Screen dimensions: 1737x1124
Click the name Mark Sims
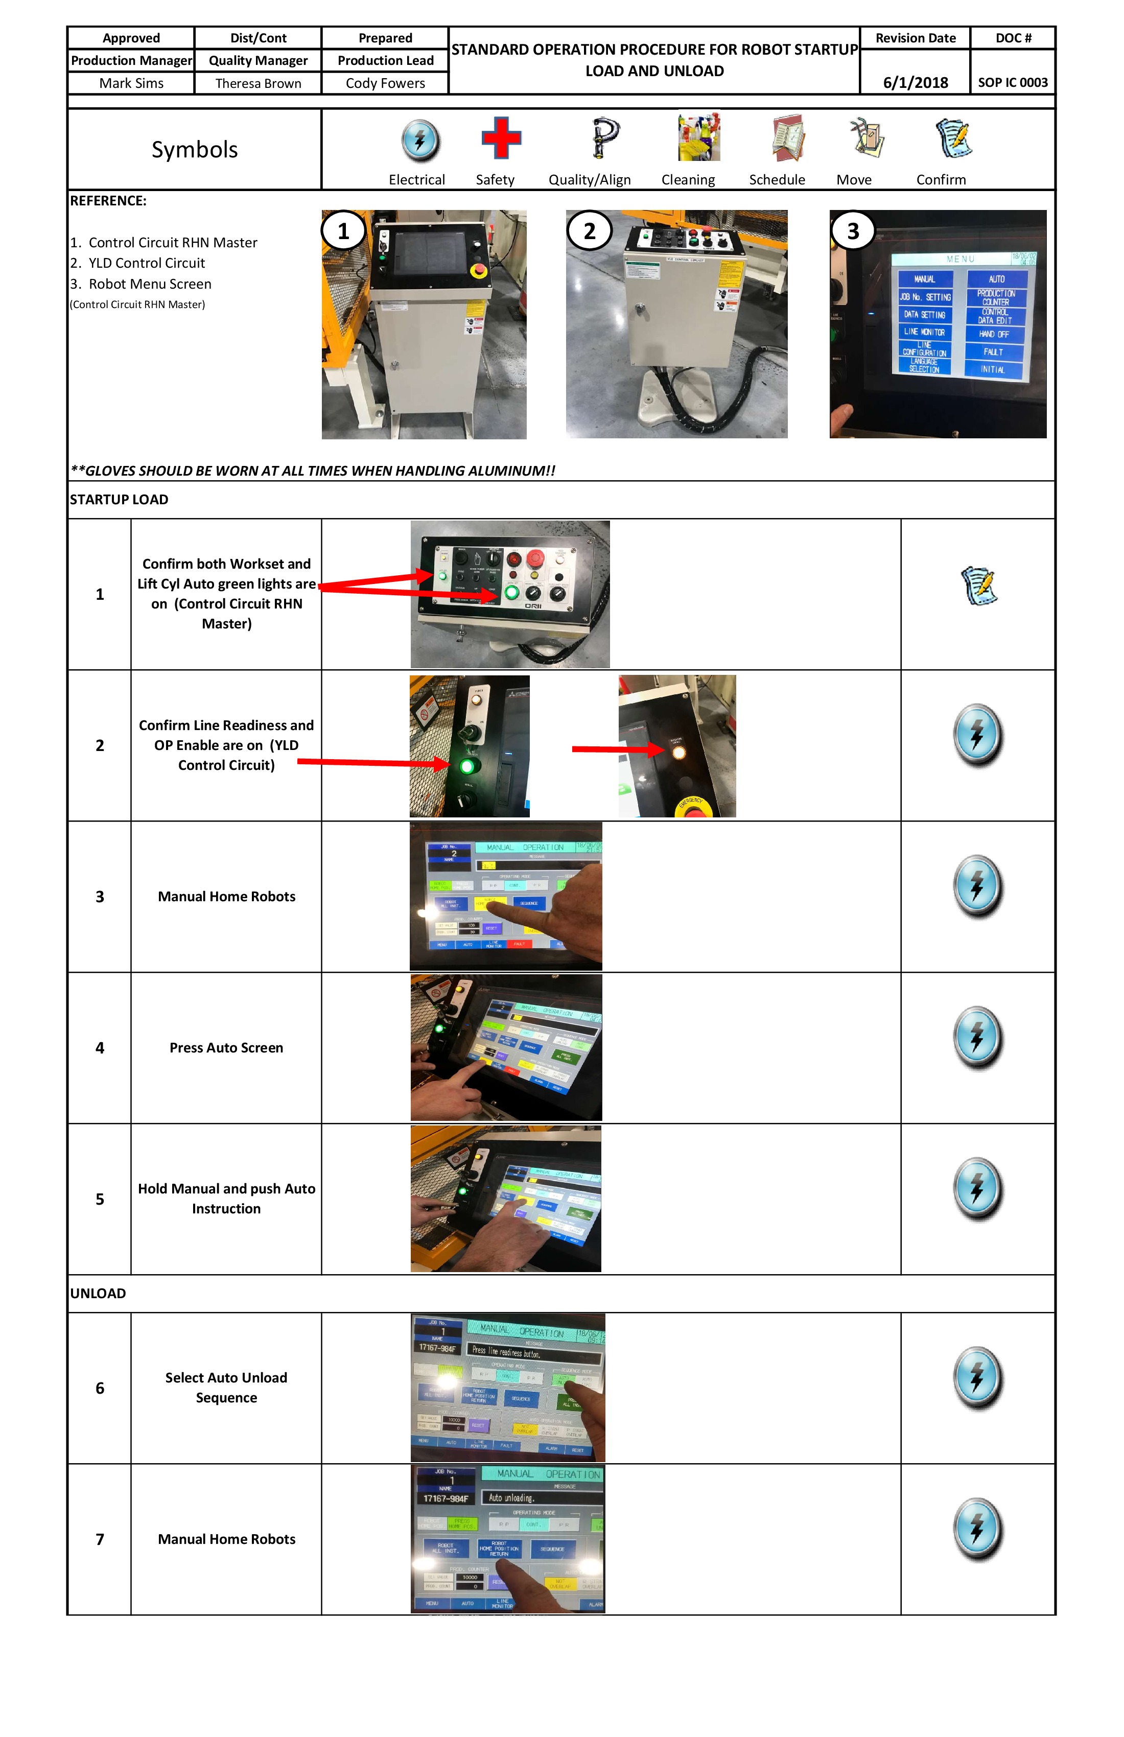[x=131, y=83]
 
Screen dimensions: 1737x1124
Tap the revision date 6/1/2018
[x=915, y=82]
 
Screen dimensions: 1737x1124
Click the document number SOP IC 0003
[x=1012, y=82]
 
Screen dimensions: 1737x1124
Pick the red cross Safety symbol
[x=501, y=138]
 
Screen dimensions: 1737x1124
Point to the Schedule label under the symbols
[x=777, y=179]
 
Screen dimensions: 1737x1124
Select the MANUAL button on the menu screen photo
[x=924, y=279]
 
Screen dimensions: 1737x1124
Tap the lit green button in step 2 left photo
[x=466, y=766]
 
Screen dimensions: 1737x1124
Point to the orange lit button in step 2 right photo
[x=678, y=752]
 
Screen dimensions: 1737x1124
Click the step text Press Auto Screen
[x=226, y=1048]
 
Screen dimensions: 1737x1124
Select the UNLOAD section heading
[x=98, y=1293]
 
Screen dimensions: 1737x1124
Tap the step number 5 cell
[x=100, y=1199]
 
